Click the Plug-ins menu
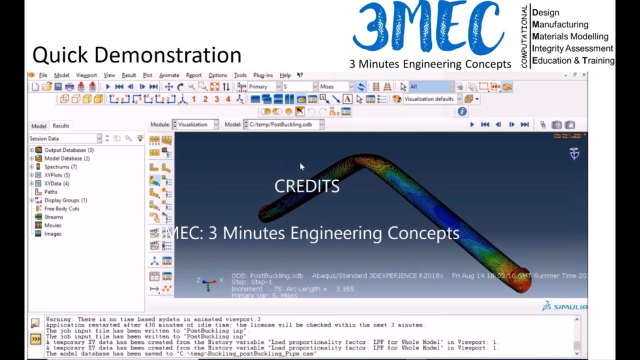click(263, 75)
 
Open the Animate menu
click(169, 75)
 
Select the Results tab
click(61, 126)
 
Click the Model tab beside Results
click(38, 126)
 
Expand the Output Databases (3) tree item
click(31, 150)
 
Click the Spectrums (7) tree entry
click(60, 166)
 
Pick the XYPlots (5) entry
click(57, 175)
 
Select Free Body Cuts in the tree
click(61, 208)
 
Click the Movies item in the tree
click(53, 225)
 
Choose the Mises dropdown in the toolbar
click(336, 86)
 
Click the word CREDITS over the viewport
click(306, 186)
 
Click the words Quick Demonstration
click(136, 55)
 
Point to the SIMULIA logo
click(564, 306)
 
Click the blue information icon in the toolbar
click(462, 111)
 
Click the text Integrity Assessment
click(572, 48)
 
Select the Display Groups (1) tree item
click(65, 200)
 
